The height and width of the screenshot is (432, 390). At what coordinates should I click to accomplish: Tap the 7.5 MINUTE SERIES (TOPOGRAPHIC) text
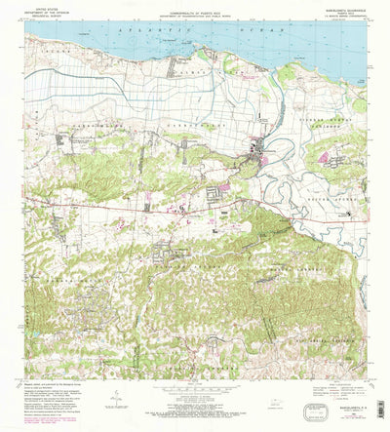point(341,17)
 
